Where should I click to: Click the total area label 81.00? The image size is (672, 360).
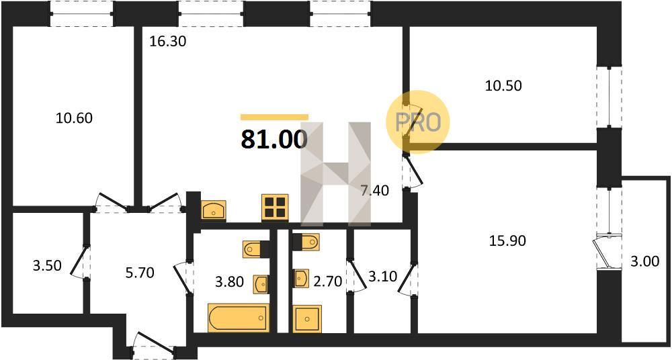click(x=274, y=139)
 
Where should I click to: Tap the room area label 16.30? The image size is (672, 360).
click(x=167, y=42)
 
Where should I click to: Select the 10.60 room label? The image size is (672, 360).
click(x=74, y=118)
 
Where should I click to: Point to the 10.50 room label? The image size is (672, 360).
click(x=503, y=86)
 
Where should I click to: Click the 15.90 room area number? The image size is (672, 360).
click(x=507, y=241)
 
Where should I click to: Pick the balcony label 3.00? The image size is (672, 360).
click(x=645, y=261)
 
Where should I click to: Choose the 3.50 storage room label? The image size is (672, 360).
click(x=47, y=266)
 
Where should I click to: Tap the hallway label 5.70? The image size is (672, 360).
click(x=140, y=272)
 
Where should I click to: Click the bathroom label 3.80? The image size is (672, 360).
click(x=229, y=281)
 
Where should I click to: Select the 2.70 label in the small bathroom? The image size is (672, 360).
click(x=327, y=281)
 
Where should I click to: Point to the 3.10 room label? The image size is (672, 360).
click(x=383, y=277)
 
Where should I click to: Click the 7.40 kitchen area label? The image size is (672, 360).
click(x=374, y=191)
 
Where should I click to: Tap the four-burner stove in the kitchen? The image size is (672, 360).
click(x=275, y=208)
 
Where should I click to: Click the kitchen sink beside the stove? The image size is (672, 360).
click(x=214, y=210)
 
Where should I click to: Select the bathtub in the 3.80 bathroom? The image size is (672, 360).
click(x=239, y=318)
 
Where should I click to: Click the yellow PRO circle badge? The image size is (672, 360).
click(x=418, y=122)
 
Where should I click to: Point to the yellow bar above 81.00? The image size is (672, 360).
click(x=274, y=117)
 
